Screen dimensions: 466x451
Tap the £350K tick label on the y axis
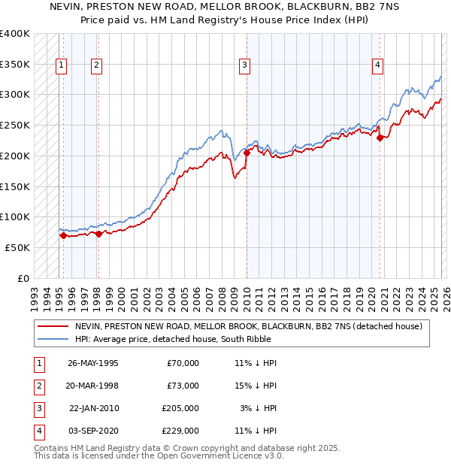(x=15, y=65)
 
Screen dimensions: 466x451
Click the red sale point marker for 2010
(x=247, y=153)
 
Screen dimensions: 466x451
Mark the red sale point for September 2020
(x=380, y=138)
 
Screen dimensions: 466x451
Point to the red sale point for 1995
(x=64, y=235)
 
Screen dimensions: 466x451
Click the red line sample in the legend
(x=53, y=327)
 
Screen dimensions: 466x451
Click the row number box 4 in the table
(x=38, y=431)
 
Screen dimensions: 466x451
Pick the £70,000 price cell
(x=183, y=363)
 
